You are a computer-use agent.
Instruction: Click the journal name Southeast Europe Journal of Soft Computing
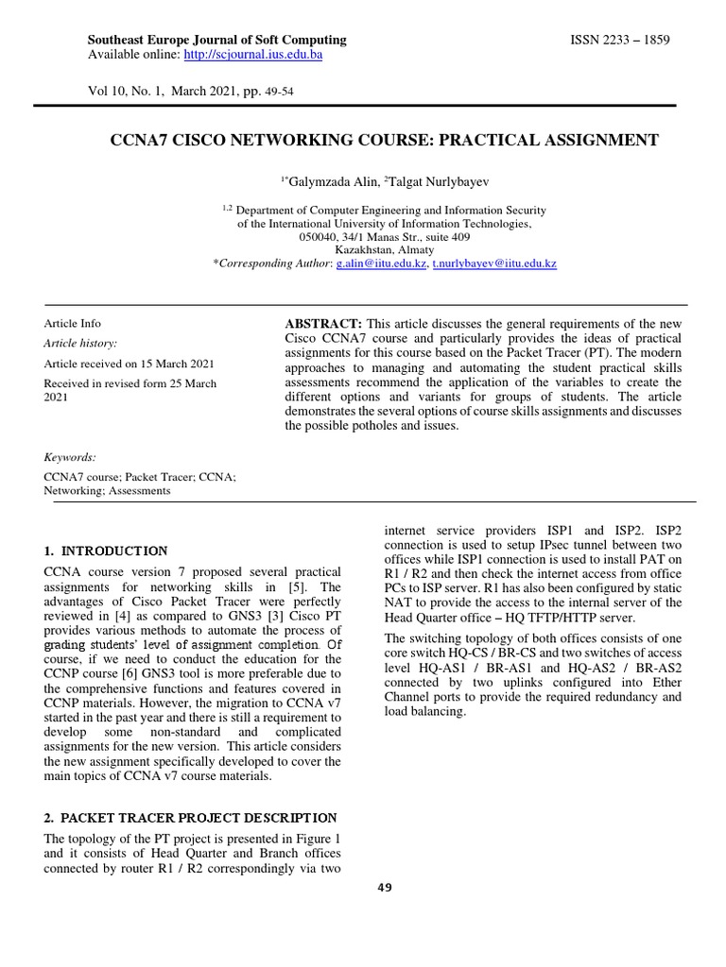(x=216, y=40)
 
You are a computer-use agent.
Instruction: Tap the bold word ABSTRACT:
(x=317, y=323)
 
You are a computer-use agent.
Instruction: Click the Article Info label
(x=73, y=323)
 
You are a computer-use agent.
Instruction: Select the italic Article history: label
(x=81, y=344)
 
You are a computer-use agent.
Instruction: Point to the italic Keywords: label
(x=70, y=457)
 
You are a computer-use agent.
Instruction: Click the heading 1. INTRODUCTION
(x=106, y=551)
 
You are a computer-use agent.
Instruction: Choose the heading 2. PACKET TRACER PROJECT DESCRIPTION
(x=190, y=817)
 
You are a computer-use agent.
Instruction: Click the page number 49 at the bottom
(x=383, y=888)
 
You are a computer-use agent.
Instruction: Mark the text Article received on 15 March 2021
(x=130, y=364)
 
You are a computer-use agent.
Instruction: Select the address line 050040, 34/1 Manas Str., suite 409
(x=385, y=237)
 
